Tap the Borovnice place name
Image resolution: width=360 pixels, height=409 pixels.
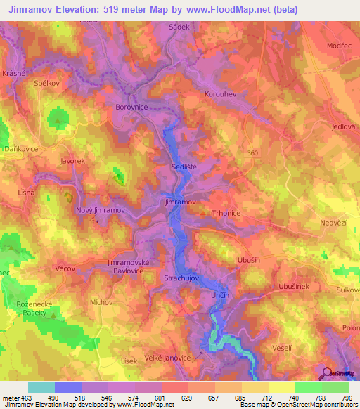point(131,108)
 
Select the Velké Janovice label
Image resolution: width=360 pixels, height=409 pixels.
point(168,358)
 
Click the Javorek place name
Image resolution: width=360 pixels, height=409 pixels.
point(72,161)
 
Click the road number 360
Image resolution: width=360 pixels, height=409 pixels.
point(253,152)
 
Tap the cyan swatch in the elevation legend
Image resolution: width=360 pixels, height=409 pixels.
point(41,387)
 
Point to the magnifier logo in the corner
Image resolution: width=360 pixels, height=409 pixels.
point(327,374)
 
